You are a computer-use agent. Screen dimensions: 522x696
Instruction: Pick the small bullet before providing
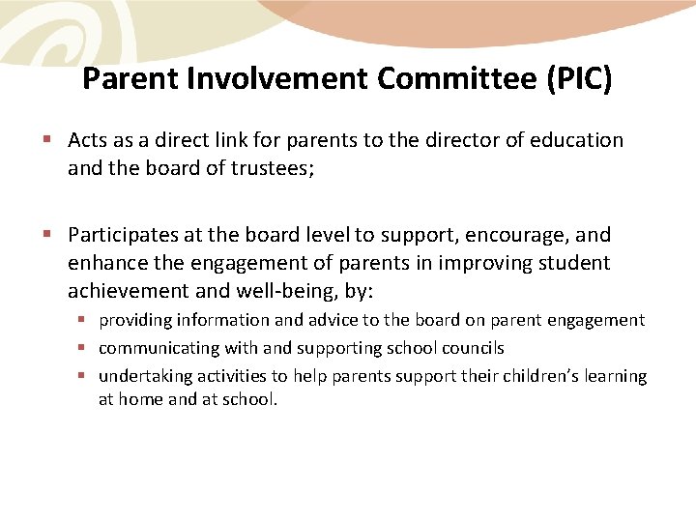coord(84,320)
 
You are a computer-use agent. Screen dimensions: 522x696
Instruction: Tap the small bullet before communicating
coord(84,348)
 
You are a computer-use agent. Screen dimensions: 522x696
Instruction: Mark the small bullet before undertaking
coord(84,376)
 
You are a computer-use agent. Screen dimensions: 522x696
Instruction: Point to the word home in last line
coord(140,398)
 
